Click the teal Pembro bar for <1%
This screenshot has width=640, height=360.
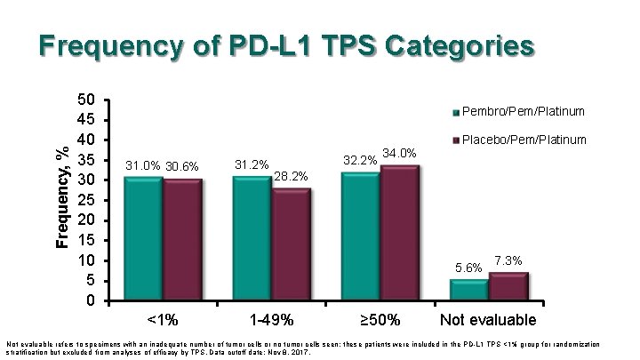143,240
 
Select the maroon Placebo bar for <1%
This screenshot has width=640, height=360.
182,241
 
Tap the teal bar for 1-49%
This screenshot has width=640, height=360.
252,240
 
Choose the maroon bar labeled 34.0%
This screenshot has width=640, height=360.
399,234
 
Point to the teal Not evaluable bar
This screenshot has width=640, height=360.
468,291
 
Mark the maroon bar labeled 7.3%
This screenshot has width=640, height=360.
508,287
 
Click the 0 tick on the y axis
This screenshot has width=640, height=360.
87,300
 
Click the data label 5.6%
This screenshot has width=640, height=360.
468,268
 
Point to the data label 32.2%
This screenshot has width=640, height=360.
358,161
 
